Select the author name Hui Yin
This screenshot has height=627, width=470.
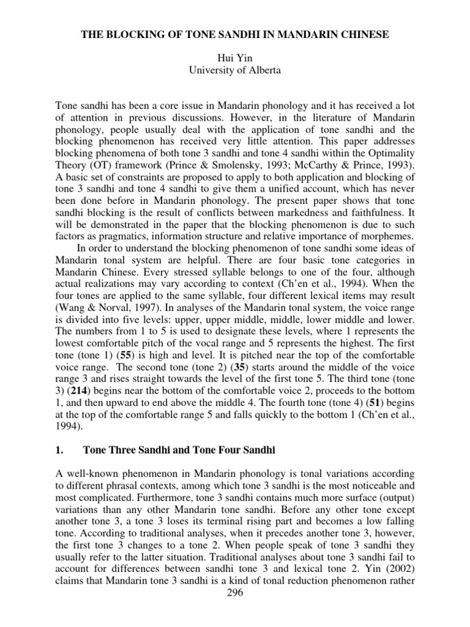(235, 58)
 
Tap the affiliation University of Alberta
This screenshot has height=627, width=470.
(235, 70)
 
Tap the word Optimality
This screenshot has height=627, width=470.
(389, 152)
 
